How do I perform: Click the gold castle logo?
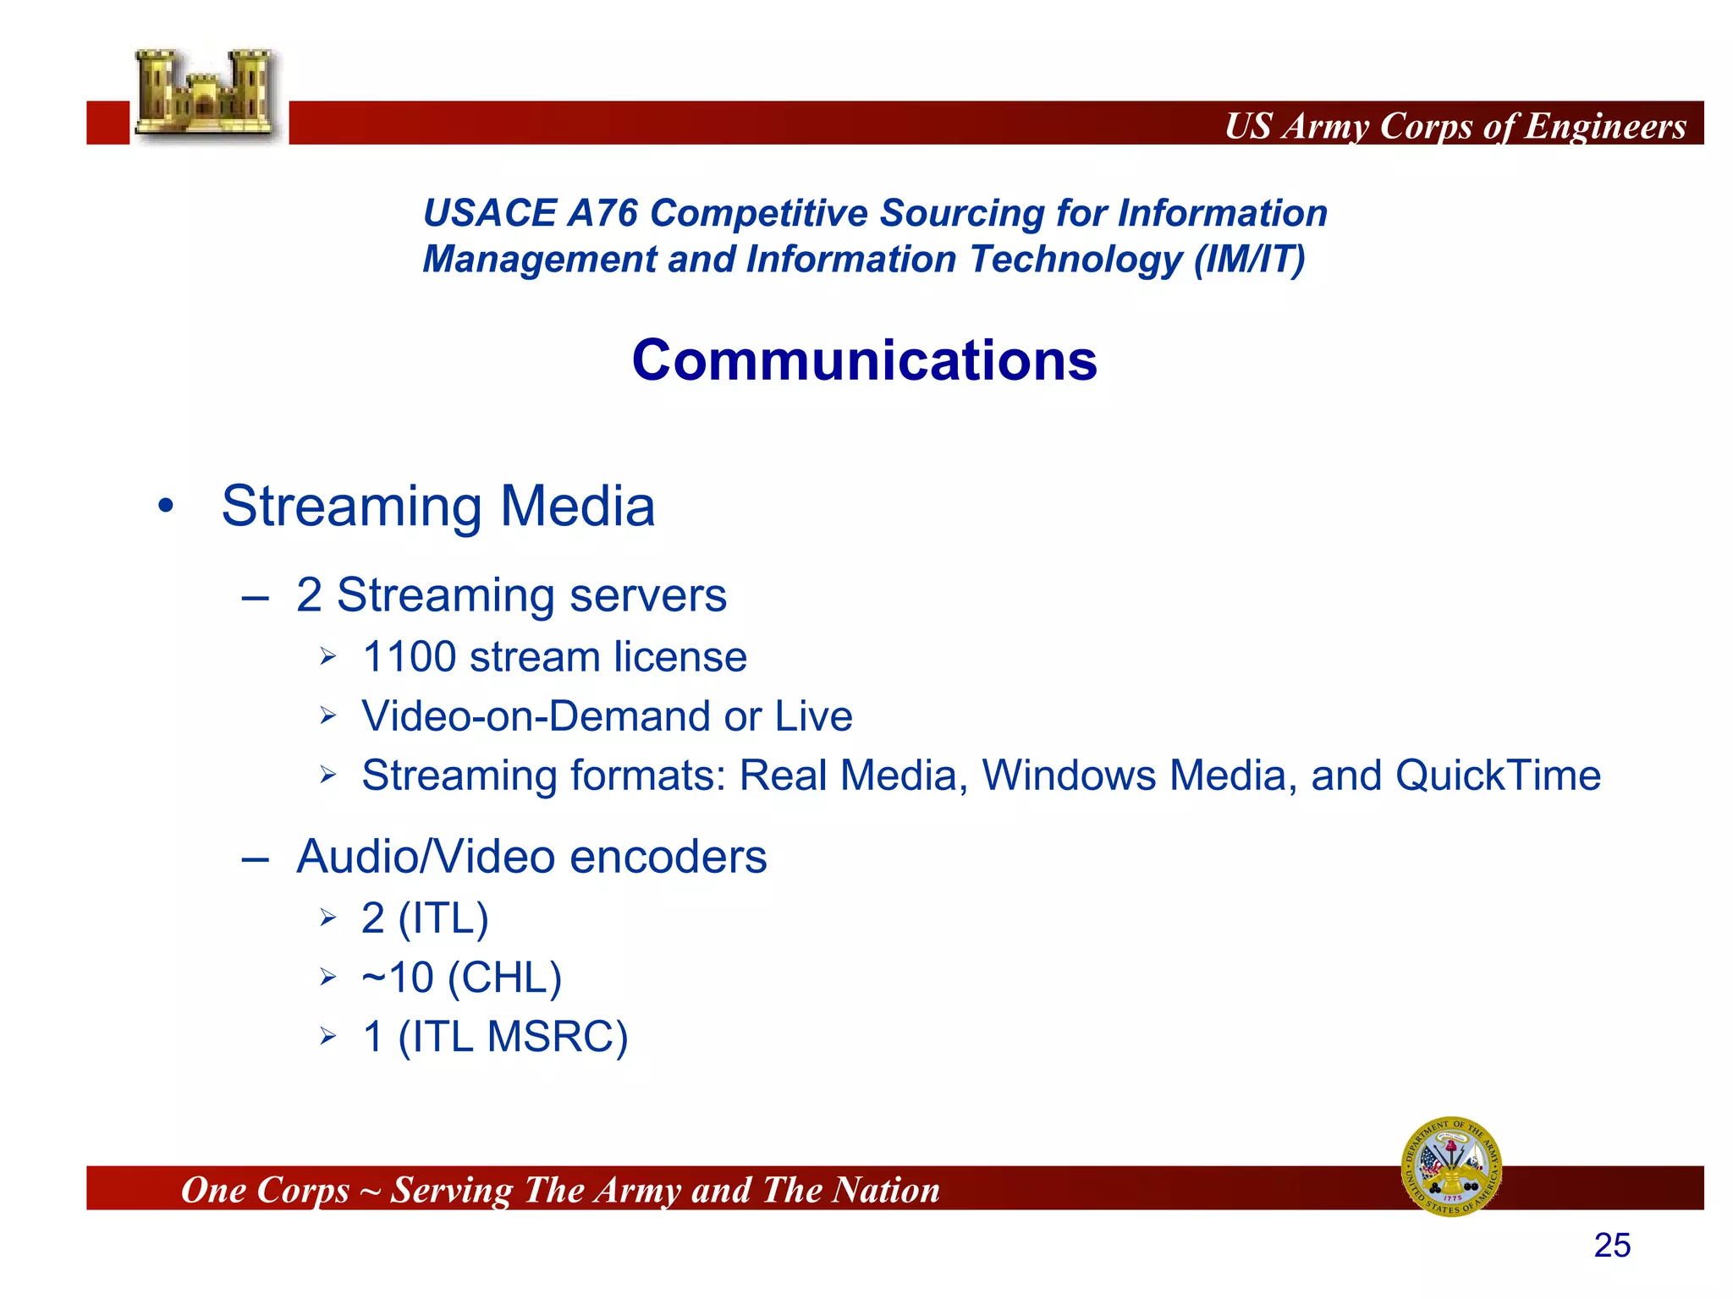tap(206, 95)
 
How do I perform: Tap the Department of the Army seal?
tap(1451, 1166)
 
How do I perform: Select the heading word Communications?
tap(864, 360)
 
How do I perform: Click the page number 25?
tap(1611, 1246)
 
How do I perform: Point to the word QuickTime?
tap(1498, 776)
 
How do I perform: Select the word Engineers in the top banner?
tap(1605, 126)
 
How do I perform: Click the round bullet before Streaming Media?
tap(166, 507)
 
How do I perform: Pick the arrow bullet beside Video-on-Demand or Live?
tap(328, 716)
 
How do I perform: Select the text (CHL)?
tap(504, 978)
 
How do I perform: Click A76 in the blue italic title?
tap(602, 213)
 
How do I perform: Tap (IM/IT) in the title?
tap(1249, 260)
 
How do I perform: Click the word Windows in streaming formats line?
tap(1069, 776)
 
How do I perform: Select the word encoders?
tap(668, 858)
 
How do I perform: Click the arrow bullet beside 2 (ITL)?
tap(328, 918)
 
